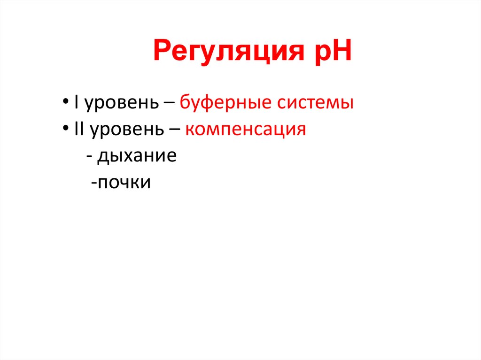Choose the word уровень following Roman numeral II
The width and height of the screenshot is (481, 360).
point(124,130)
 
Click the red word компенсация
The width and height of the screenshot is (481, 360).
point(245,130)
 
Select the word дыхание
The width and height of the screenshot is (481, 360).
point(137,156)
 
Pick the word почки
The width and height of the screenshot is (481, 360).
point(124,183)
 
